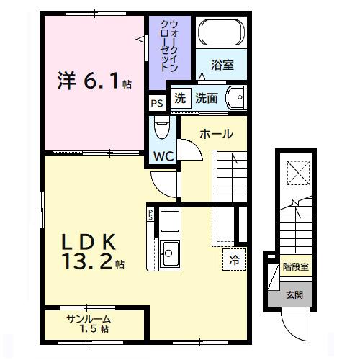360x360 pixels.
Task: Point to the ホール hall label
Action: point(215,134)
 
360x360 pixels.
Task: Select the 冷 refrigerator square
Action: point(235,259)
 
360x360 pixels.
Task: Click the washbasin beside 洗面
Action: point(236,99)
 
